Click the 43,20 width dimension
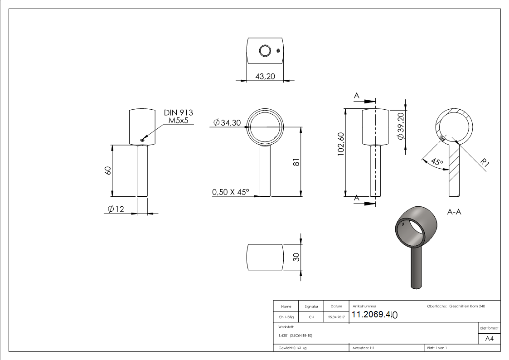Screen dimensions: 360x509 [265, 76]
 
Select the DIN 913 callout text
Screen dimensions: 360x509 [178, 112]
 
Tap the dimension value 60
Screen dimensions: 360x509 [108, 171]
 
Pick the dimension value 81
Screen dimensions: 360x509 [296, 162]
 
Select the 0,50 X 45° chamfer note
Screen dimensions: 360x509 [231, 192]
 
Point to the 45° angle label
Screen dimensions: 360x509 [437, 161]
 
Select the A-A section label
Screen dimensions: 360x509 [454, 212]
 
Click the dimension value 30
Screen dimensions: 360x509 [296, 257]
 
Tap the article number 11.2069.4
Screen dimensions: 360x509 [374, 315]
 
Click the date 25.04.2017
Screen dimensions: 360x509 [336, 317]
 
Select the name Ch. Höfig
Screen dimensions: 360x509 [286, 317]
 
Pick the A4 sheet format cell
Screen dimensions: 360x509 [489, 339]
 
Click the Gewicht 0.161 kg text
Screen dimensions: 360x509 [293, 348]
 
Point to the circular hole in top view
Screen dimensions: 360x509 [264, 51]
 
